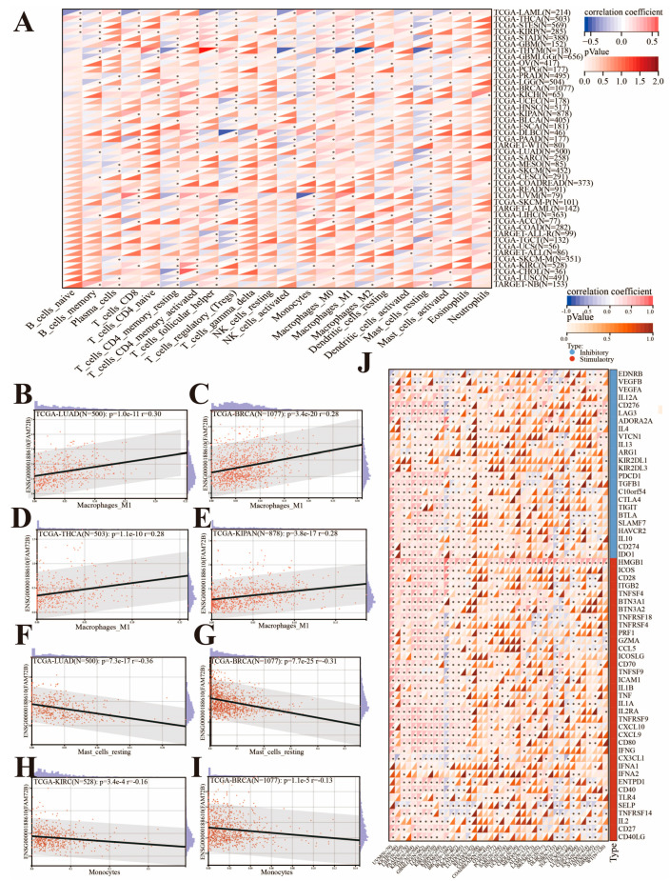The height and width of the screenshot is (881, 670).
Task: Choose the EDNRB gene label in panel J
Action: [635, 373]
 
